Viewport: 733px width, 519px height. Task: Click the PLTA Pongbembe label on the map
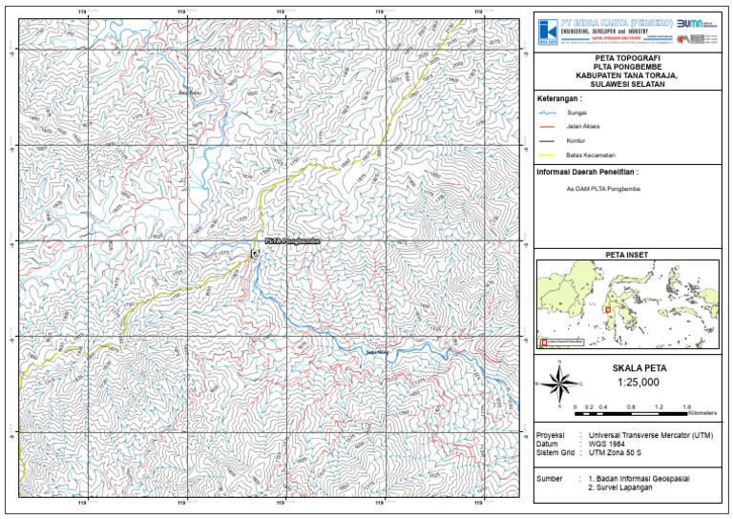pos(292,241)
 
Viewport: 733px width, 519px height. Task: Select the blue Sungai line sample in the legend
pos(545,113)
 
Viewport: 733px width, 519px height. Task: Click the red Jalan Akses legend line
pos(545,127)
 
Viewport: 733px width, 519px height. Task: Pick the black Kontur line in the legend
pos(545,141)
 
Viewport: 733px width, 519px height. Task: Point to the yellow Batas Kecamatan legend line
pos(545,156)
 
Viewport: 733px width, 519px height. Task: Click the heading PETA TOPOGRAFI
pos(627,59)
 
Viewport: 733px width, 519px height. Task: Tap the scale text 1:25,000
pos(627,382)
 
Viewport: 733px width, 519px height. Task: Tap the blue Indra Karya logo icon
pos(547,30)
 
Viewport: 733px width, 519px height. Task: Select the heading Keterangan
pos(559,98)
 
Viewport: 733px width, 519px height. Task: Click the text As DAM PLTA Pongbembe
pos(603,189)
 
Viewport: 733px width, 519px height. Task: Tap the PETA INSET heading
pos(626,255)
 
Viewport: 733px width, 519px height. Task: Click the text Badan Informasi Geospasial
pos(640,476)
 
